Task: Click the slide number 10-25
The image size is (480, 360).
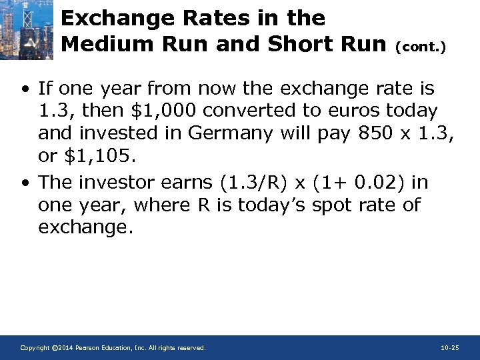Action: tap(450, 348)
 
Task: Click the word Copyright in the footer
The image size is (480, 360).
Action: tap(35, 348)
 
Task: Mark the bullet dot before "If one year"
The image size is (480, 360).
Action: tap(24, 89)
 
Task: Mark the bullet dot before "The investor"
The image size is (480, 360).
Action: tap(24, 182)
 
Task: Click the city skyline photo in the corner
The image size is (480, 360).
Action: tap(27, 30)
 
